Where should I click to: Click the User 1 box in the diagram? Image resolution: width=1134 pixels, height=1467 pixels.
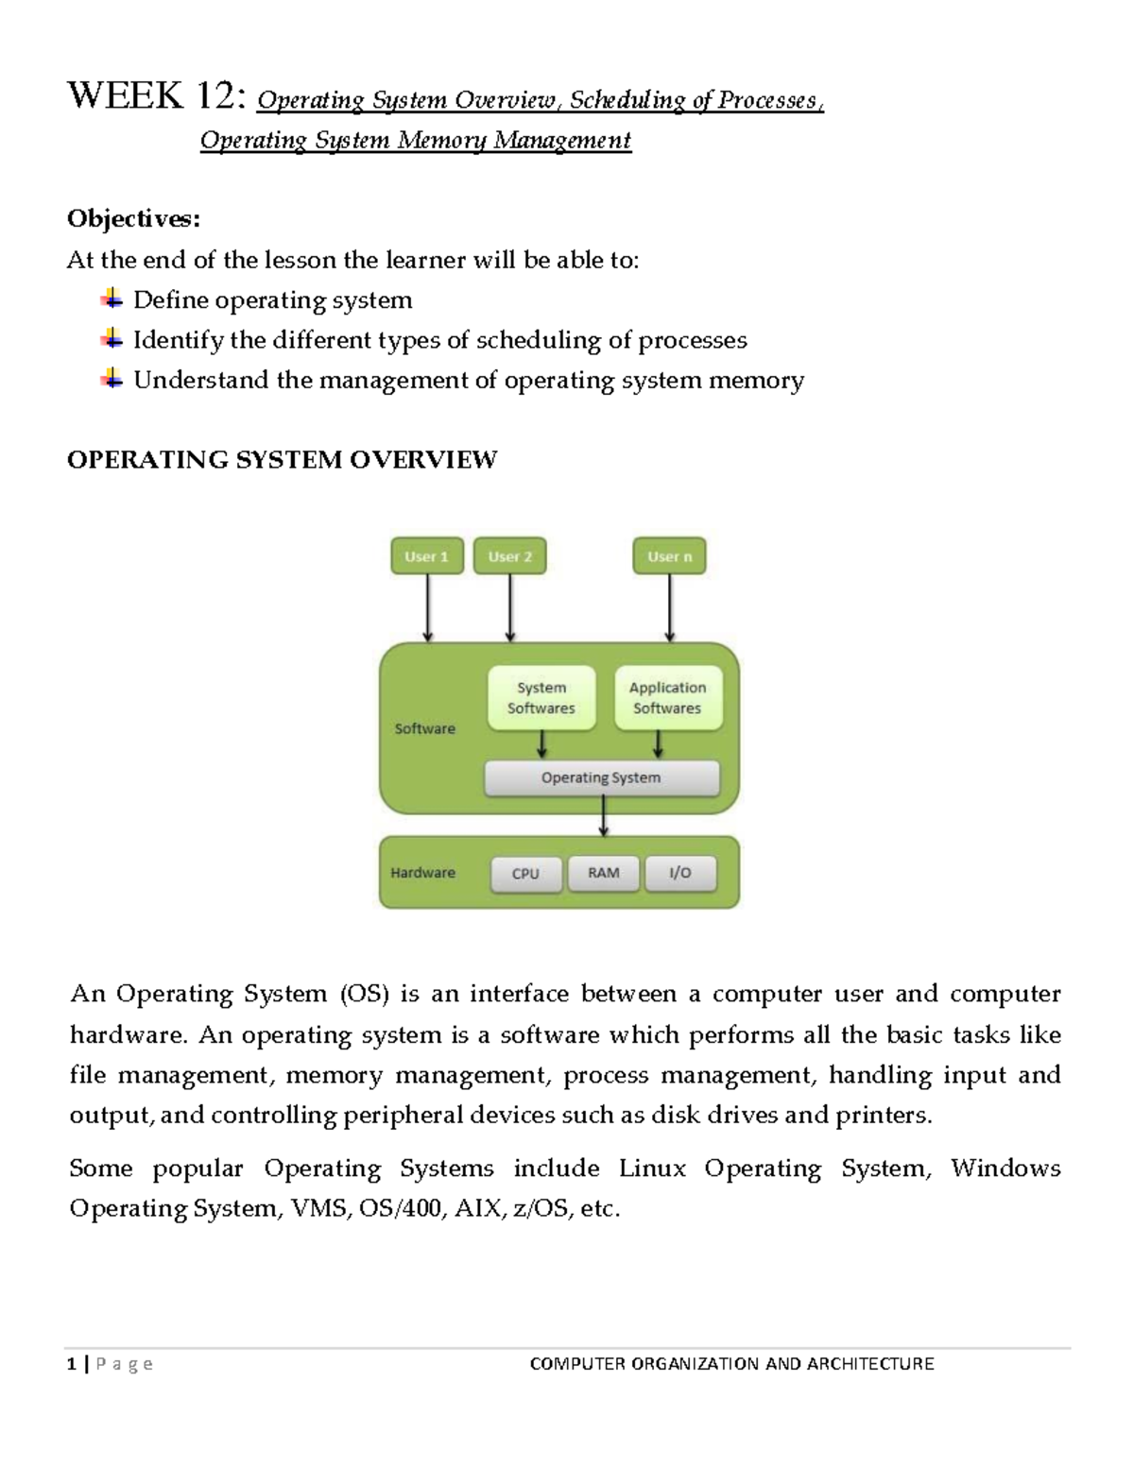coord(426,556)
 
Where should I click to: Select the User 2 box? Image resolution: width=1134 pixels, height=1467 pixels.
coord(509,556)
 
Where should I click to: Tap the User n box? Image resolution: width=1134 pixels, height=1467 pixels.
coord(669,556)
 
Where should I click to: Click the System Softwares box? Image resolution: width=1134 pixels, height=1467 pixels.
coord(541,698)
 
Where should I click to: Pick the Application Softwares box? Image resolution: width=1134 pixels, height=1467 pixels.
coord(668,698)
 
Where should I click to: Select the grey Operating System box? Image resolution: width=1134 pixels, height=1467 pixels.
coord(601,778)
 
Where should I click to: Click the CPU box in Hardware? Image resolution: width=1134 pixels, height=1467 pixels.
coord(525,874)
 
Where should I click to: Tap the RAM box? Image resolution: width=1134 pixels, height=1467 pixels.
coord(604,873)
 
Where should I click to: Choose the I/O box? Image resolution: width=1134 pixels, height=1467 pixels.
coord(680,873)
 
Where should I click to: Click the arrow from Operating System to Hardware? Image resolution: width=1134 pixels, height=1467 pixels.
coord(604,816)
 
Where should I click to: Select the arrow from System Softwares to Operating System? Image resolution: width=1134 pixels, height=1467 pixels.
coord(541,744)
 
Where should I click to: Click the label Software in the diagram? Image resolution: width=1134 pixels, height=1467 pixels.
coord(424,728)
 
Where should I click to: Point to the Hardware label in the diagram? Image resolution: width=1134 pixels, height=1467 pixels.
coord(422,873)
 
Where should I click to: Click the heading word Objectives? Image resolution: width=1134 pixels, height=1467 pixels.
coord(133,219)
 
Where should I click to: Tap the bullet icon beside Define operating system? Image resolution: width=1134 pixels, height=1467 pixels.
coord(112,299)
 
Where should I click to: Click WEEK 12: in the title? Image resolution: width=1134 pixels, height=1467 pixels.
coord(158,96)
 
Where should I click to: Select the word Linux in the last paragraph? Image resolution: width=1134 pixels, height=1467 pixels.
coord(652,1168)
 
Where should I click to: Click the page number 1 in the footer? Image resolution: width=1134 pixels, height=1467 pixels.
coord(72,1363)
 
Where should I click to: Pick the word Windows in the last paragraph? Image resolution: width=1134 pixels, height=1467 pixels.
coord(1005,1168)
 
